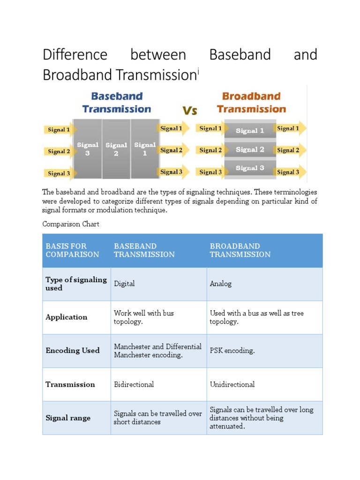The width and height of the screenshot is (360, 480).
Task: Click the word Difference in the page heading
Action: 75,55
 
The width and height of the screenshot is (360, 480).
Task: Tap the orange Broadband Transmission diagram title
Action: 251,103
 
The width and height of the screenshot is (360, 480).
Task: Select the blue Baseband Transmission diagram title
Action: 117,103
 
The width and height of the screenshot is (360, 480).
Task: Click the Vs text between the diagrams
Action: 189,111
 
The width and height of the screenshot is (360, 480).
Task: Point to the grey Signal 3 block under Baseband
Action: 87,149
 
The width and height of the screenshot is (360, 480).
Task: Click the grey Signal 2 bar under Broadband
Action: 250,150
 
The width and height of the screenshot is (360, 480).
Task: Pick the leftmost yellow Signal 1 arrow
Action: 58,129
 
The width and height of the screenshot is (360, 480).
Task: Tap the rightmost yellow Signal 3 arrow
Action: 289,172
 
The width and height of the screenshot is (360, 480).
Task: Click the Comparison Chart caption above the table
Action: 71,224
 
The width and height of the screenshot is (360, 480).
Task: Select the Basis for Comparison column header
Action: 72,250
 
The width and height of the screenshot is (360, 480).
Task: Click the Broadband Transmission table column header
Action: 240,250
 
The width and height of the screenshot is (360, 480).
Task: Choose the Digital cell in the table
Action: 124,284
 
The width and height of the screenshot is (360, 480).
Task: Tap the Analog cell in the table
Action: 221,284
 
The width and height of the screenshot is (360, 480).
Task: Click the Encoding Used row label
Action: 73,351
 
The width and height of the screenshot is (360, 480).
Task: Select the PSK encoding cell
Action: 232,351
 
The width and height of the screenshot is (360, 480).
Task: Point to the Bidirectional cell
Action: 134,384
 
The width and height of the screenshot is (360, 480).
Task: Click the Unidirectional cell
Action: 232,384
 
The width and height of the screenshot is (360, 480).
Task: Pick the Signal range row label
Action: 68,418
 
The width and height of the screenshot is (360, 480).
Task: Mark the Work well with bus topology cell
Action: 144,317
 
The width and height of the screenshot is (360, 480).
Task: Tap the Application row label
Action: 67,317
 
